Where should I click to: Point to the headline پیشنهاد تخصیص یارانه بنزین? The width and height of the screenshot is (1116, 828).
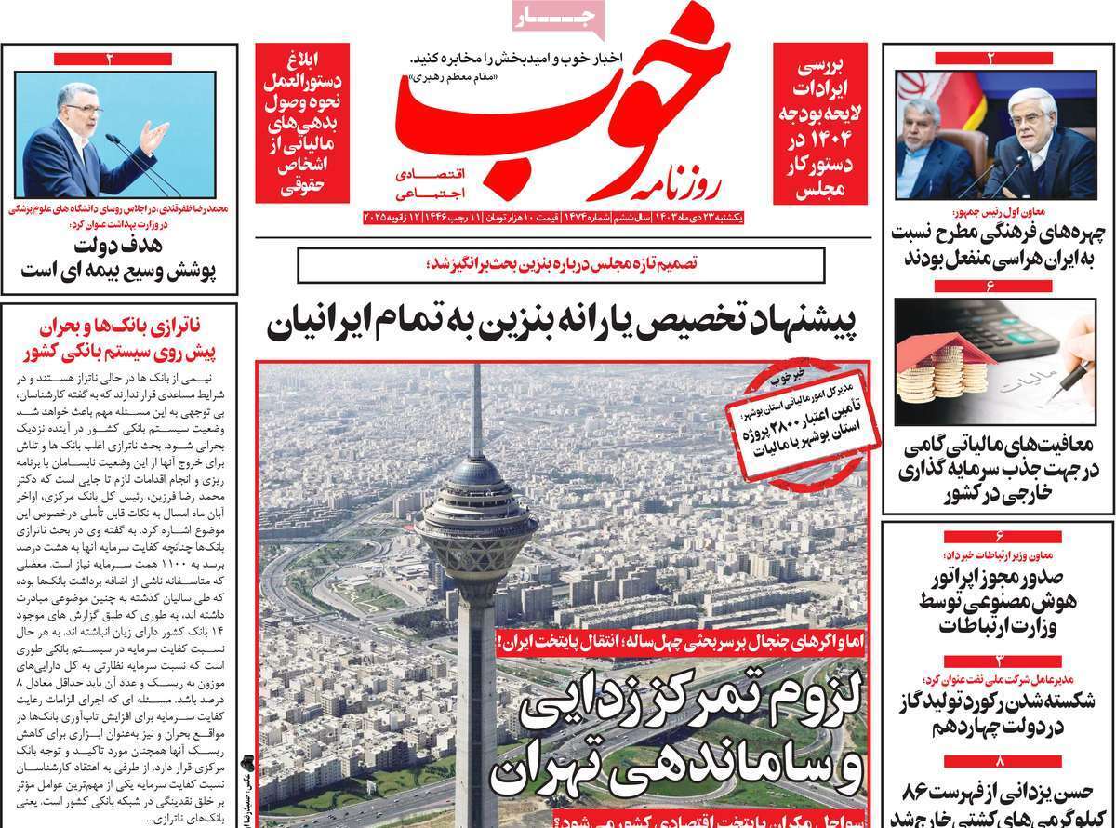566,324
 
